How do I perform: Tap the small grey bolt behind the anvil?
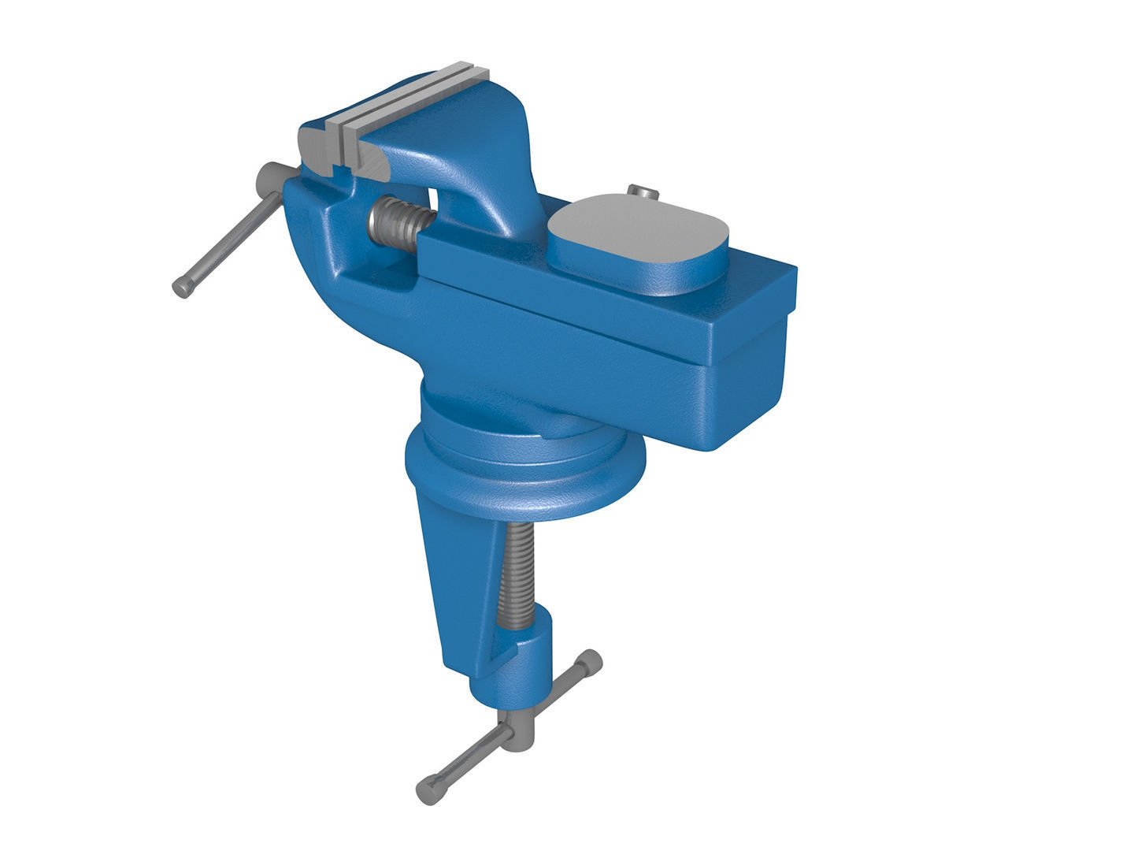643,191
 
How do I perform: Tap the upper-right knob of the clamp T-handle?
589,663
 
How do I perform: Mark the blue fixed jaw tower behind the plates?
488,158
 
